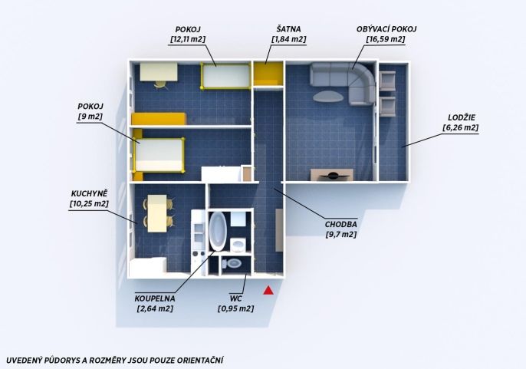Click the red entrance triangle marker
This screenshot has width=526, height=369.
(268, 291)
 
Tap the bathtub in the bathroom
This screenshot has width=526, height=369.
(218, 232)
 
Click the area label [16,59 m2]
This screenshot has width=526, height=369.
(386, 39)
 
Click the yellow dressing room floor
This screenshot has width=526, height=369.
(267, 74)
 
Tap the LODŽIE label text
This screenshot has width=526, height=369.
(462, 117)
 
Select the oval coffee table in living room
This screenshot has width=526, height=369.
(328, 97)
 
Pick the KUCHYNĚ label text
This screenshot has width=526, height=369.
(89, 193)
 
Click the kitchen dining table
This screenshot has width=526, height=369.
(157, 213)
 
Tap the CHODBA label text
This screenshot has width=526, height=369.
(340, 225)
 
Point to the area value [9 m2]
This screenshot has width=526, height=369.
(90, 117)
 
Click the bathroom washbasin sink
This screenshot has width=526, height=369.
(238, 245)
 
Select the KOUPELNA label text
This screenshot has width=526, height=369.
(155, 298)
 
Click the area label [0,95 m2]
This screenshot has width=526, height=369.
(236, 308)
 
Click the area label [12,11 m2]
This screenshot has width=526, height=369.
(188, 39)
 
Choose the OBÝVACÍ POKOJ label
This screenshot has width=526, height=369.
(386, 29)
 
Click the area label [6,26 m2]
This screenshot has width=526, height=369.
(461, 128)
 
